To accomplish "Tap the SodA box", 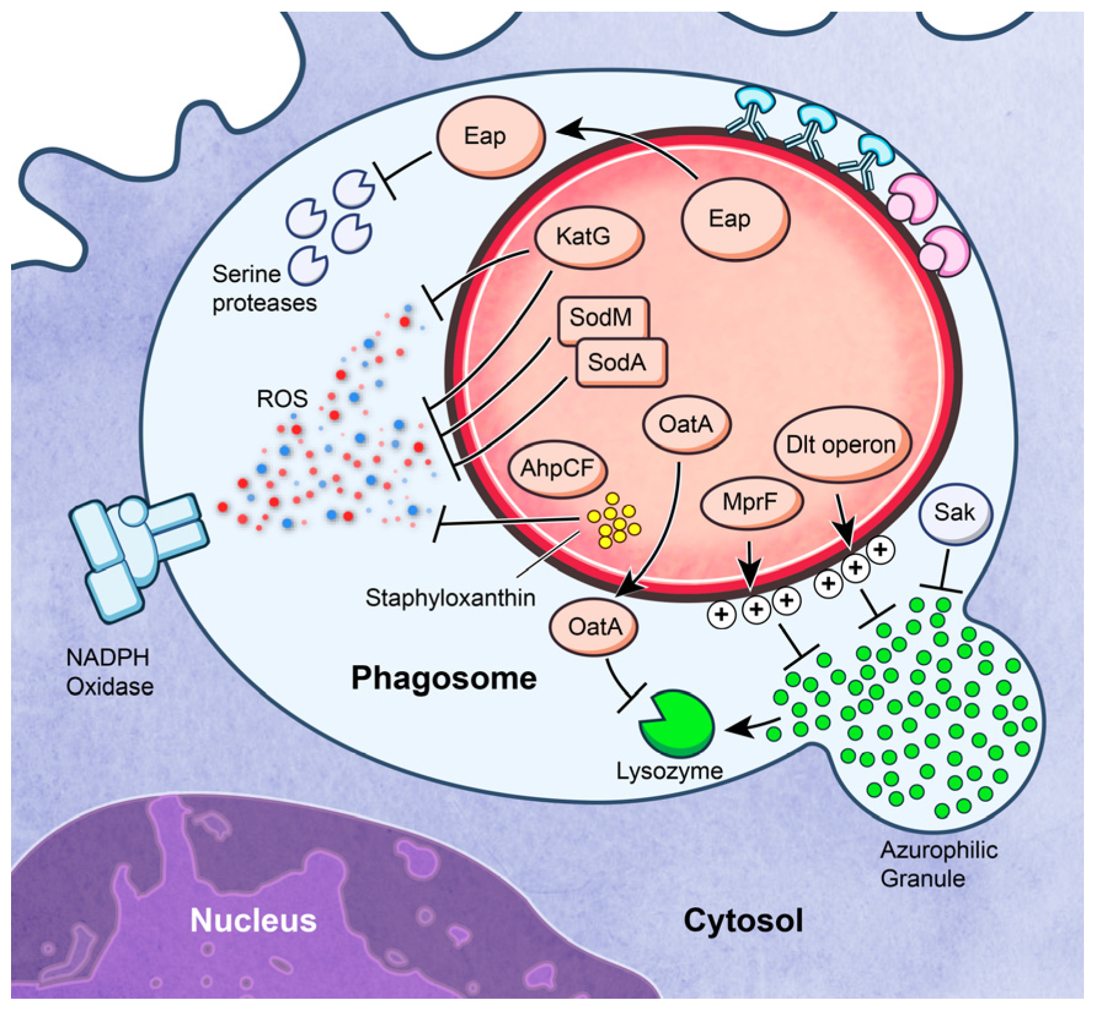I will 619,363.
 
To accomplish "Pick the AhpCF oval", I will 557,468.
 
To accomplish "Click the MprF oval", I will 751,502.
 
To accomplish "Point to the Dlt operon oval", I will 841,444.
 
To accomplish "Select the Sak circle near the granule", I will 954,512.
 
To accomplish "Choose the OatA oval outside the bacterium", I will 594,627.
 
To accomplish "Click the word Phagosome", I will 444,679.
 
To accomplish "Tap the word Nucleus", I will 253,921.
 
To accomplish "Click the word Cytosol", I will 743,921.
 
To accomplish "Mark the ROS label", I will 281,399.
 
